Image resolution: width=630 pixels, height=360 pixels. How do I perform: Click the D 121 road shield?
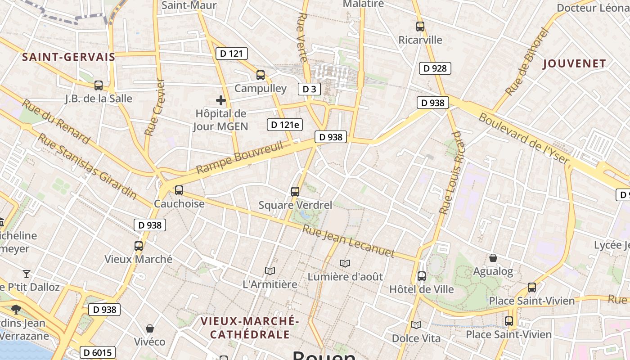(232, 54)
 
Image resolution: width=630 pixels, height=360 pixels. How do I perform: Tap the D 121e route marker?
(284, 125)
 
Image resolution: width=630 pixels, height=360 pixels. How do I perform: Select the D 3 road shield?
(309, 89)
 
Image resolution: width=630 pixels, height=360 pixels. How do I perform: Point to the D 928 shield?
(435, 68)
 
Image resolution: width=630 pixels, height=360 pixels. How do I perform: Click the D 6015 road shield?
(98, 352)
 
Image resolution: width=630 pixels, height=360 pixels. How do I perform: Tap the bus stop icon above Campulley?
(261, 75)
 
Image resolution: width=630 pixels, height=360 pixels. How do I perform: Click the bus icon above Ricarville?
(420, 27)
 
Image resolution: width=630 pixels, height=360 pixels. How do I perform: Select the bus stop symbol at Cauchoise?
(179, 190)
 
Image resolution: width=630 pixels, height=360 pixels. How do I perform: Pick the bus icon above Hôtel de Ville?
(422, 276)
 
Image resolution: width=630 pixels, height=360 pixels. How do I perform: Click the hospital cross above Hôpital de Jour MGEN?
(220, 100)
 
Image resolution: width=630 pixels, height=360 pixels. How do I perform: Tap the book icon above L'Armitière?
(270, 271)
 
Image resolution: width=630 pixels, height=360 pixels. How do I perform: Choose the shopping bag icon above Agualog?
(493, 258)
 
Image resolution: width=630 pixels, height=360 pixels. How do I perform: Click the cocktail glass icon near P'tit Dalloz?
(27, 274)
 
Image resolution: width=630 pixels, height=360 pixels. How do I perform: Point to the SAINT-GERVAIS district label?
(68, 57)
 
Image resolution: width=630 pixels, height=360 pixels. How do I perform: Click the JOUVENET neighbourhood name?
(575, 64)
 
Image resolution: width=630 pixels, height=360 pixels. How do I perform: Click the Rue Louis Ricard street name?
(451, 173)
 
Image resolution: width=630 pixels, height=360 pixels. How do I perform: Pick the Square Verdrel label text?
(295, 205)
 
